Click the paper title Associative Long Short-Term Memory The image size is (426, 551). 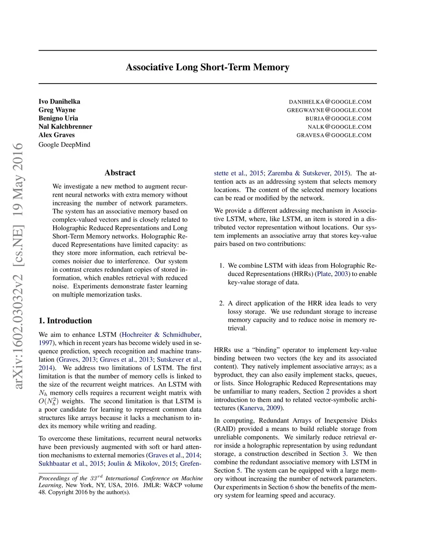[208, 67]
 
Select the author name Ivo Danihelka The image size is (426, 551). [59, 101]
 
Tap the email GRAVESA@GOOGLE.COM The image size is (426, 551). [334, 135]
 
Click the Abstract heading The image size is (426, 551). [120, 173]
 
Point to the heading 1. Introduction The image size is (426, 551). [65, 321]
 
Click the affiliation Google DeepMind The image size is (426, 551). [64, 145]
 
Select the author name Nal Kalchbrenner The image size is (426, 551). [65, 126]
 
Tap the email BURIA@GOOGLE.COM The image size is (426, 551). [338, 119]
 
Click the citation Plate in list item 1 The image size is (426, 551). [324, 274]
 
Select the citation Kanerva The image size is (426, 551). [251, 408]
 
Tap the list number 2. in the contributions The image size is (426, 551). [222, 303]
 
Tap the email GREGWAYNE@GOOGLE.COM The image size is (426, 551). [329, 110]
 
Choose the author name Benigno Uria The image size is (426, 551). [58, 118]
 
